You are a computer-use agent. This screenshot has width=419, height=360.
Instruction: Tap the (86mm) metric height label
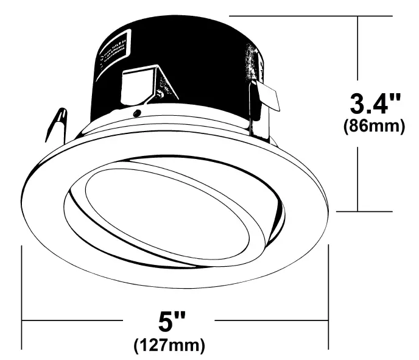[x=373, y=127]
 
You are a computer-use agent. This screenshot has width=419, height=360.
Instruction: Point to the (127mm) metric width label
[x=169, y=345]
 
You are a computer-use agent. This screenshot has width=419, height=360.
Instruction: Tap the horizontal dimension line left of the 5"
[x=73, y=319]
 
